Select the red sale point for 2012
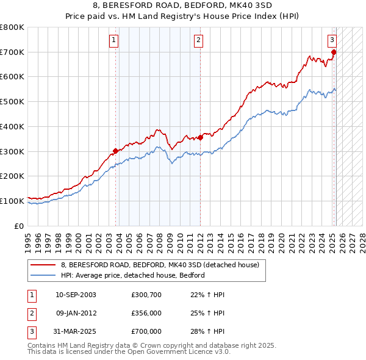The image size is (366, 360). point(200,137)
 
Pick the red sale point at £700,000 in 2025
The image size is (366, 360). point(334,52)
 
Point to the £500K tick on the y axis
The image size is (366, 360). point(12,101)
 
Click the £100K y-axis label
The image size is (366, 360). point(12,200)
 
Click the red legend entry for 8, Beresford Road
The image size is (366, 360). point(160,265)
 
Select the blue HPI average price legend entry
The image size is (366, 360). point(132,275)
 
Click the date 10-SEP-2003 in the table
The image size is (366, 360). point(76,295)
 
